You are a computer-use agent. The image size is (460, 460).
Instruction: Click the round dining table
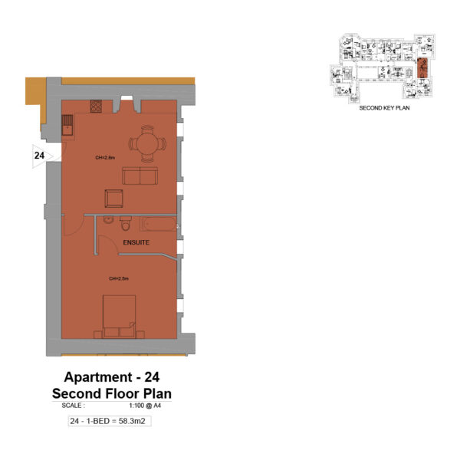pyautogui.click(x=146, y=143)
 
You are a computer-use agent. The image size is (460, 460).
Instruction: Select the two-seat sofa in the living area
pyautogui.click(x=140, y=176)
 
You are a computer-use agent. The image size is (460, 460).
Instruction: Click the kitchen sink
pyautogui.click(x=67, y=123)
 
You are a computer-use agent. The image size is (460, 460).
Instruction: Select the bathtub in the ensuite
pyautogui.click(x=157, y=225)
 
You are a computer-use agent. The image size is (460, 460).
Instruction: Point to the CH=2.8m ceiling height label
pyautogui.click(x=104, y=158)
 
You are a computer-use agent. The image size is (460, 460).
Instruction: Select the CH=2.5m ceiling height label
pyautogui.click(x=118, y=278)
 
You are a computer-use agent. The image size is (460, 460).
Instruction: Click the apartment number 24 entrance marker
pyautogui.click(x=38, y=156)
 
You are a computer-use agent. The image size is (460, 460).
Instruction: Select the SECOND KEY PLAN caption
pyautogui.click(x=385, y=109)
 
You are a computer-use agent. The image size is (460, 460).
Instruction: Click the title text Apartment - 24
pyautogui.click(x=111, y=377)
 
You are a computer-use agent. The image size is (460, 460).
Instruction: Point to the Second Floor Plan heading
pyautogui.click(x=111, y=393)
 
